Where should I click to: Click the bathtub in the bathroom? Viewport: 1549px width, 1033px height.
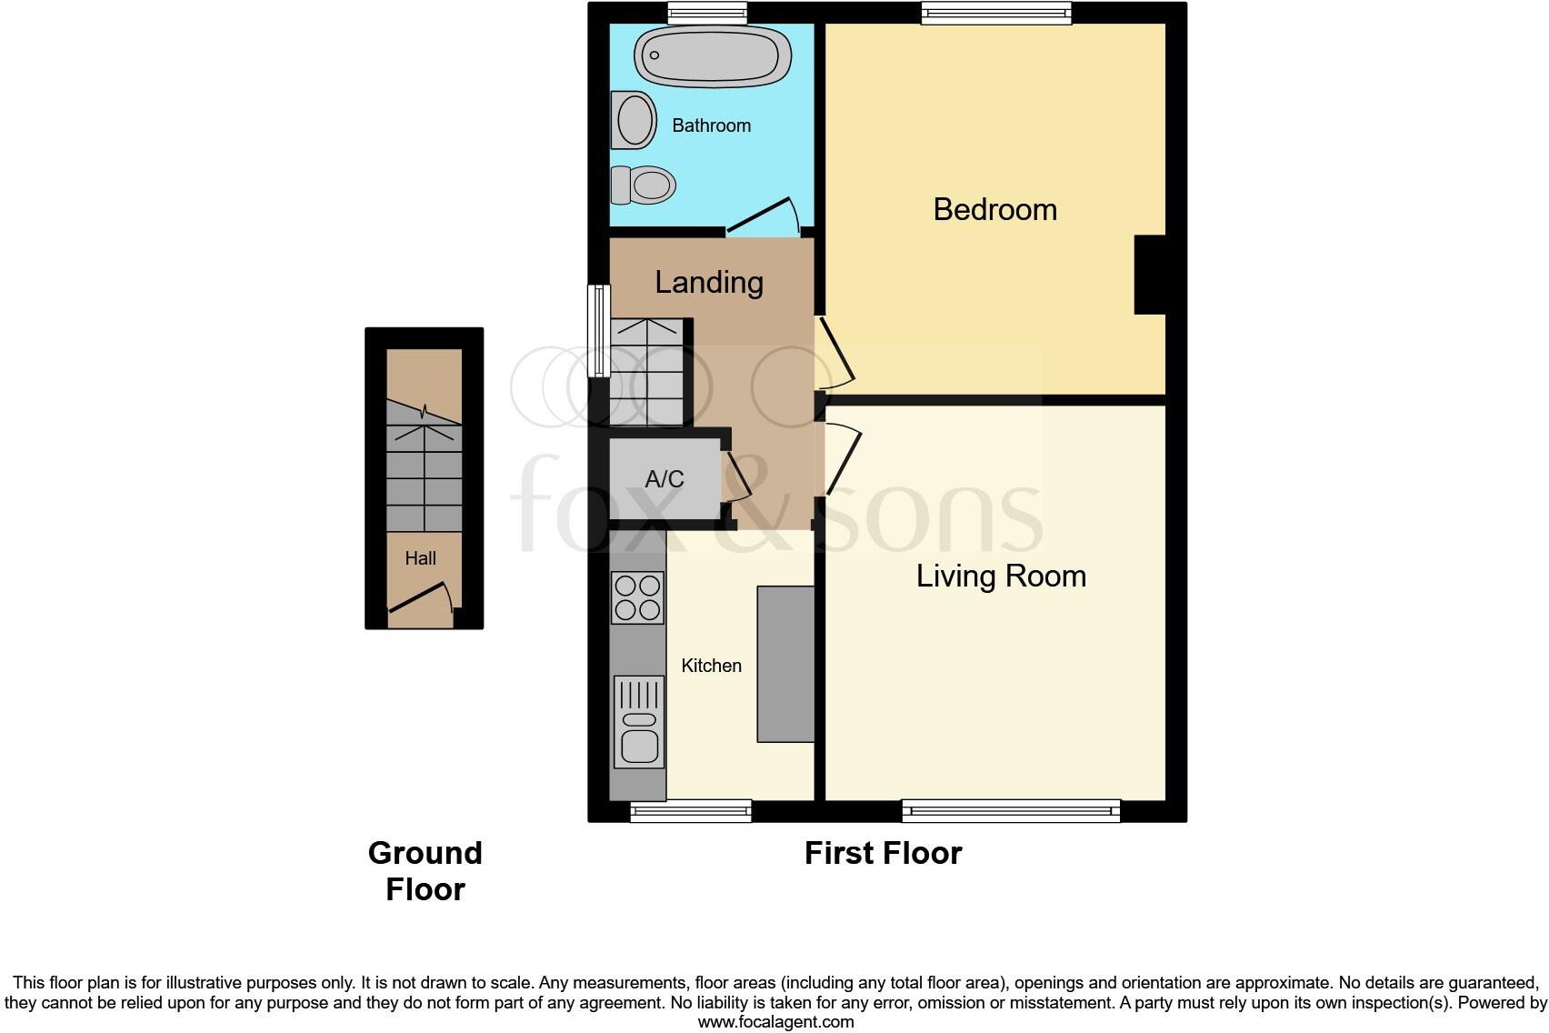712,57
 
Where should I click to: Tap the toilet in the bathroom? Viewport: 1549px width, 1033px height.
644,185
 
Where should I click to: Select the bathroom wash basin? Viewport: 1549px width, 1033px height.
634,120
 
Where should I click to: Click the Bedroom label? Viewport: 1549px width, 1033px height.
994,210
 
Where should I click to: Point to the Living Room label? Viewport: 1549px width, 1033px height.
1001,577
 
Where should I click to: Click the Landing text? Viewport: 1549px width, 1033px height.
709,283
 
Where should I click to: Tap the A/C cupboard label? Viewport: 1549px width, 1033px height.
665,479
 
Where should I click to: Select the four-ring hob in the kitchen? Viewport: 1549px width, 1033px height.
637,597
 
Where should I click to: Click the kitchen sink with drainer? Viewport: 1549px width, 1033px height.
639,722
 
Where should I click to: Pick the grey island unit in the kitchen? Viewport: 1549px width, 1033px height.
785,664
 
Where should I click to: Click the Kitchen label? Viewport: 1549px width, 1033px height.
711,666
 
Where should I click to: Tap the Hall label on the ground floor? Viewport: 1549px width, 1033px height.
420,558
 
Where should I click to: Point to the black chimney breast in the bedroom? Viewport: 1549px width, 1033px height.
1150,275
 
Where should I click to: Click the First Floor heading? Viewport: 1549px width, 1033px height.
883,853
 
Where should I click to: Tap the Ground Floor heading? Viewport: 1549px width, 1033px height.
425,870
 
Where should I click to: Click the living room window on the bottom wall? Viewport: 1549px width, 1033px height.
1011,810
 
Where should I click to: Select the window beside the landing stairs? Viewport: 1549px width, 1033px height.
598,330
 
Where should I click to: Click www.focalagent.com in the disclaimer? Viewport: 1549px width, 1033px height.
775,1022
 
